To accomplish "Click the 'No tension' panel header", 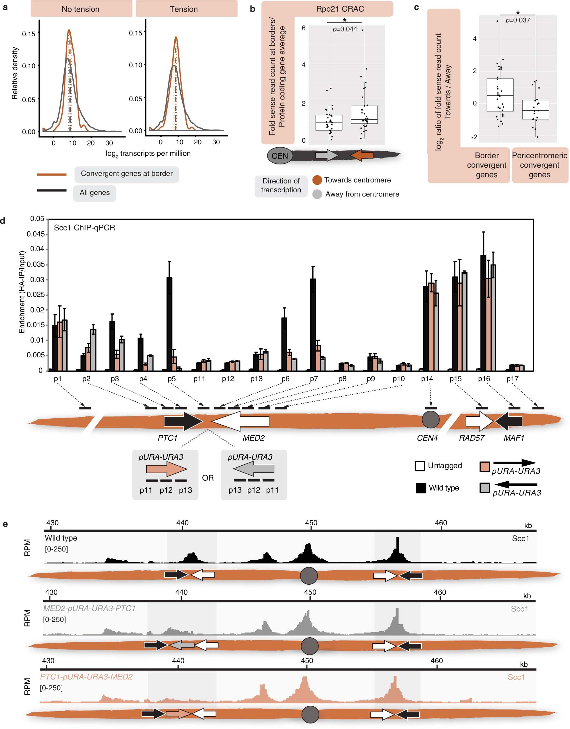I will (81, 9).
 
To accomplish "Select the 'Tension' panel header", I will (184, 9).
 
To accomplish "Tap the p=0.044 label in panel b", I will (345, 29).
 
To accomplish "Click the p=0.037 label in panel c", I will (518, 20).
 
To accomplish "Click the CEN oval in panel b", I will (279, 156).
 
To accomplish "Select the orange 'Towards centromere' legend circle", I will (317, 180).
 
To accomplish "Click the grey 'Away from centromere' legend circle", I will (317, 194).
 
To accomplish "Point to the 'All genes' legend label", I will (95, 193).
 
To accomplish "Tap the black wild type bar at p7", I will (313, 324).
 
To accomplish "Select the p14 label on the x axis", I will (427, 379).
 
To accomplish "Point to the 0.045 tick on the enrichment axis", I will (36, 234).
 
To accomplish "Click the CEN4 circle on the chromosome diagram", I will (431, 420).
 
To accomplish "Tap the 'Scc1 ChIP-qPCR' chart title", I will (84, 228).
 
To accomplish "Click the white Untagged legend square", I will (420, 466).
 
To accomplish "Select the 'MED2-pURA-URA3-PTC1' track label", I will (89, 608).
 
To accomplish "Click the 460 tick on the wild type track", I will (441, 523).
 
